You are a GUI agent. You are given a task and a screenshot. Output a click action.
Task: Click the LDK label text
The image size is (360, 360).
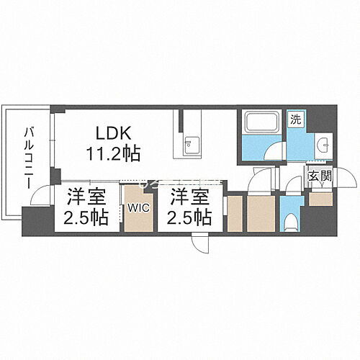[113, 134]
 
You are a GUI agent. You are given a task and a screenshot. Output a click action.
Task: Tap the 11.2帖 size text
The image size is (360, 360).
[113, 153]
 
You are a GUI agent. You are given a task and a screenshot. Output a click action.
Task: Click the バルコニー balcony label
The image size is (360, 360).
[30, 156]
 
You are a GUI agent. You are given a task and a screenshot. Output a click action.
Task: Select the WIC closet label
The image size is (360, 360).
[138, 208]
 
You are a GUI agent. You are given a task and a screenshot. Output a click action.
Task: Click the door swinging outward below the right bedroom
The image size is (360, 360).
[201, 245]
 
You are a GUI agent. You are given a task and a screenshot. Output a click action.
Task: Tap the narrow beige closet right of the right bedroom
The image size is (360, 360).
[234, 212]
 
